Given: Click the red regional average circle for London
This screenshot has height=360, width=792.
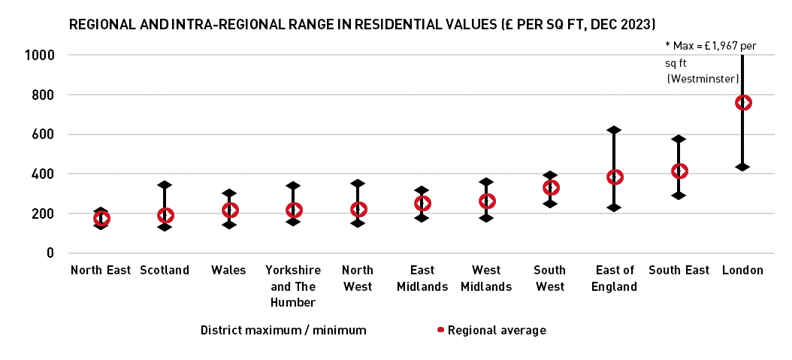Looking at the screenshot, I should tap(743, 103).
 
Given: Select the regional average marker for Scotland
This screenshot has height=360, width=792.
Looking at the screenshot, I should tap(165, 216).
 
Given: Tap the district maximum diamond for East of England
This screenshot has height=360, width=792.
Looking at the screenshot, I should tap(615, 130).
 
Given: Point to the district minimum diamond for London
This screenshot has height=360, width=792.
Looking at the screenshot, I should tap(743, 167).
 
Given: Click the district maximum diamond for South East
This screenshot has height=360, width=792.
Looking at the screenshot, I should tap(679, 139).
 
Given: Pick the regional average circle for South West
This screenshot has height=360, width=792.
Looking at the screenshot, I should tap(551, 188).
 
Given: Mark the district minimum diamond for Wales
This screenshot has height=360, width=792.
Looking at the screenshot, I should tap(229, 225).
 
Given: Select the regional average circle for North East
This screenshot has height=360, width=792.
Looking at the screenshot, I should tap(101, 219).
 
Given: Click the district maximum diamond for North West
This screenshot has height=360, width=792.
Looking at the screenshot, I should tap(358, 183).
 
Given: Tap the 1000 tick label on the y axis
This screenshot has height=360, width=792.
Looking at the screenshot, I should tap(39, 56).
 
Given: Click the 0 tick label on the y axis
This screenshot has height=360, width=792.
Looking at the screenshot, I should tap(50, 253).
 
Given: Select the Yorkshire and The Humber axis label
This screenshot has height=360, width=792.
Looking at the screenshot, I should tap(293, 286).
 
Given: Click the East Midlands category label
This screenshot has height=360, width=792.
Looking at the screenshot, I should tap(422, 278).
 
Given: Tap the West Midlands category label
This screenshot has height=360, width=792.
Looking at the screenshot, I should tap(486, 278).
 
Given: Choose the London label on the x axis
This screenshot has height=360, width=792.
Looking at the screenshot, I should tap(742, 271).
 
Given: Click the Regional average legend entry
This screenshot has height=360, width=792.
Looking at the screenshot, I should tap(496, 330).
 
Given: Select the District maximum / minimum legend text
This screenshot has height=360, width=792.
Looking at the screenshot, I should tap(283, 330).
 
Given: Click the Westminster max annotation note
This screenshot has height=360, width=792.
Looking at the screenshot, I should tap(706, 62).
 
